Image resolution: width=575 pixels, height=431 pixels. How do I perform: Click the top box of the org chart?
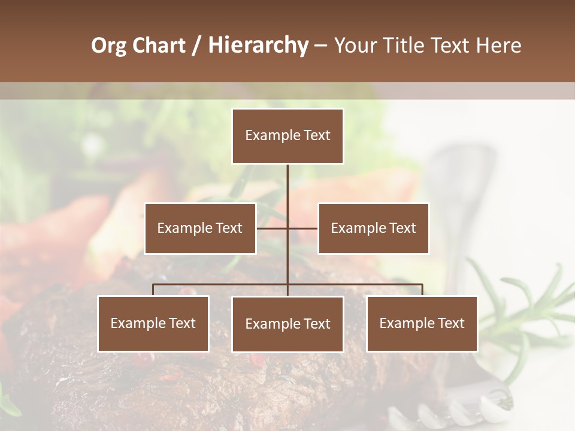click(x=287, y=136)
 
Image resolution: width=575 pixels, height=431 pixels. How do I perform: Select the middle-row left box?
click(x=200, y=229)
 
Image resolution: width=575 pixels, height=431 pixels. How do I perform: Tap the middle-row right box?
click(x=373, y=229)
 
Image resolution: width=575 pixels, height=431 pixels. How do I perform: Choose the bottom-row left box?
click(x=153, y=324)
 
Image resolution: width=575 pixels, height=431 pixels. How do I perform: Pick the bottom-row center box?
click(x=287, y=324)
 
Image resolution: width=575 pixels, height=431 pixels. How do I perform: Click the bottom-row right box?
click(x=422, y=324)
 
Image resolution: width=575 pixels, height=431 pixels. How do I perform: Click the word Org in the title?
click(x=108, y=45)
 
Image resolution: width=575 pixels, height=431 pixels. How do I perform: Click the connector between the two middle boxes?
click(x=287, y=228)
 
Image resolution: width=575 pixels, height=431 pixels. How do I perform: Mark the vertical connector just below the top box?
click(x=287, y=180)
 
